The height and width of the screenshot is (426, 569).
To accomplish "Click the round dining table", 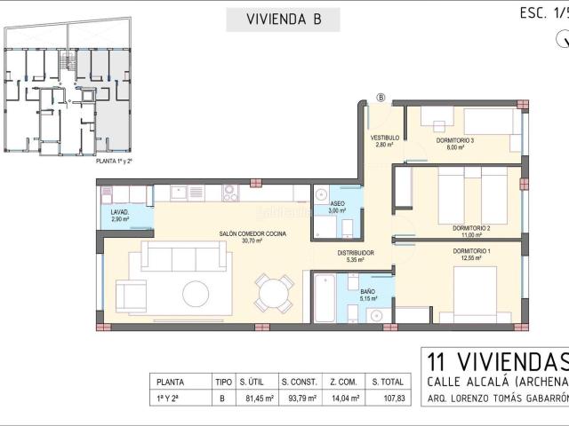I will pyautogui.click(x=274, y=292).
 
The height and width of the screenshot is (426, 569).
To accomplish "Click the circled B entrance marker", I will pyautogui.click(x=381, y=98).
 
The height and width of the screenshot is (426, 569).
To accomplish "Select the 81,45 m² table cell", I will pyautogui.click(x=255, y=398).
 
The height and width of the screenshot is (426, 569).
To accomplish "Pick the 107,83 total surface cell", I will pyautogui.click(x=388, y=398).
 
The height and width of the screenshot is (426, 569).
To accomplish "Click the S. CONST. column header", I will pyautogui.click(x=298, y=382).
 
